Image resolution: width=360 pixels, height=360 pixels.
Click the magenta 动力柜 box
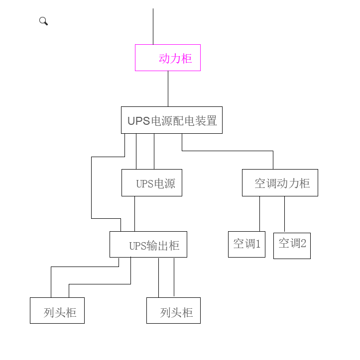[168, 58]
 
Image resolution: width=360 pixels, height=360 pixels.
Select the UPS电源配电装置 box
[171, 120]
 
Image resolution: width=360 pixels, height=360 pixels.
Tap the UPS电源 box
[151, 182]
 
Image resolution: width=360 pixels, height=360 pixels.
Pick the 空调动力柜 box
[280, 182]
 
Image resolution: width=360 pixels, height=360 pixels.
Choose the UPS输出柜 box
[148, 244]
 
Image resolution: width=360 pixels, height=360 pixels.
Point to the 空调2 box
[292, 245]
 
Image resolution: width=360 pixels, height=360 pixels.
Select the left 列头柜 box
[57, 310]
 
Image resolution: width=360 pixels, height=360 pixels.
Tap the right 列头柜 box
[173, 310]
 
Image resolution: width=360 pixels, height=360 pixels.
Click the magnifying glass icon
[43, 21]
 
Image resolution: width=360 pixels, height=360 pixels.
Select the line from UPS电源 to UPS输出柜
[134, 214]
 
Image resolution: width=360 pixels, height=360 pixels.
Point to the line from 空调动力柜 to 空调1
[259, 213]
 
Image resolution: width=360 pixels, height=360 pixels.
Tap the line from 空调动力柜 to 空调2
[285, 213]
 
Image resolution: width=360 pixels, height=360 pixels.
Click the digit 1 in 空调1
[258, 244]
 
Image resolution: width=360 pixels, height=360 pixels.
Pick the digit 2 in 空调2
[303, 243]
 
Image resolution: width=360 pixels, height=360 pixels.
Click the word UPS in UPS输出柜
[137, 246]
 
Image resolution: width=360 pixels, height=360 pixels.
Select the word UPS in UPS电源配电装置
[138, 121]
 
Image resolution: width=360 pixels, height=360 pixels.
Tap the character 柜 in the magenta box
[187, 59]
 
